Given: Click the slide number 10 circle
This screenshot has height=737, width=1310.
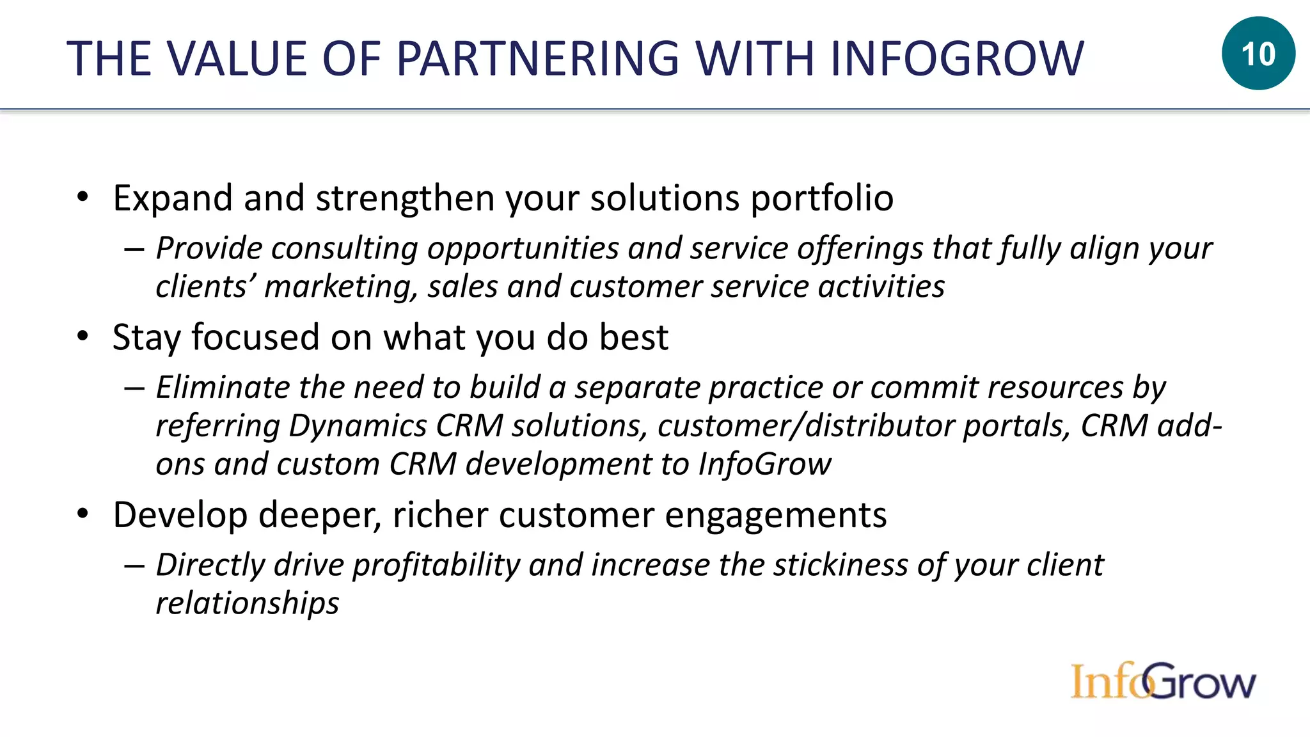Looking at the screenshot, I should pyautogui.click(x=1258, y=54).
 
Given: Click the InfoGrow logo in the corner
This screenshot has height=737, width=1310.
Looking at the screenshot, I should pyautogui.click(x=1163, y=681).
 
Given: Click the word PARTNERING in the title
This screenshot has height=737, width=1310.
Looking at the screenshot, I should pyautogui.click(x=537, y=59).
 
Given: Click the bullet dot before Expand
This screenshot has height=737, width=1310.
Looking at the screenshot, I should pyautogui.click(x=83, y=198).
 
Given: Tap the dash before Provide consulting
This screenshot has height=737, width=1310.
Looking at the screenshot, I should pyautogui.click(x=134, y=249).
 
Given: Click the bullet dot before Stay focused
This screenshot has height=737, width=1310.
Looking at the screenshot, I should pyautogui.click(x=83, y=337).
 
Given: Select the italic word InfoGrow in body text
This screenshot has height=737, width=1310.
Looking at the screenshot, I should pyautogui.click(x=764, y=464).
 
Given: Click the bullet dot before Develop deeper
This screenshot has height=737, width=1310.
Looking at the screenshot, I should pyautogui.click(x=83, y=514).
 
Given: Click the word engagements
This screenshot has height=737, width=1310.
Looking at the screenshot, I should pyautogui.click(x=775, y=516).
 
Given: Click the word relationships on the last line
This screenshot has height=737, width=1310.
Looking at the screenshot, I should pyautogui.click(x=248, y=603).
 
